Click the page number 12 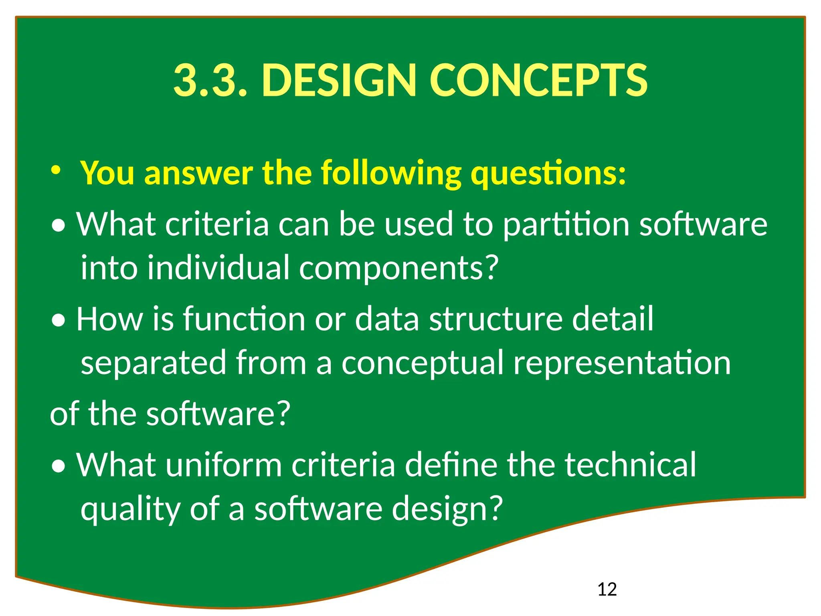[607, 590]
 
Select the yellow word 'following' [391, 173]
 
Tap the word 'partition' [566, 224]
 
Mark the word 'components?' [399, 268]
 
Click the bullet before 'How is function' [59, 321]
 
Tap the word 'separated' [154, 363]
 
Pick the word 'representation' [622, 363]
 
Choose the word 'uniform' [224, 465]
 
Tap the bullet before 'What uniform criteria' [59, 467]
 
